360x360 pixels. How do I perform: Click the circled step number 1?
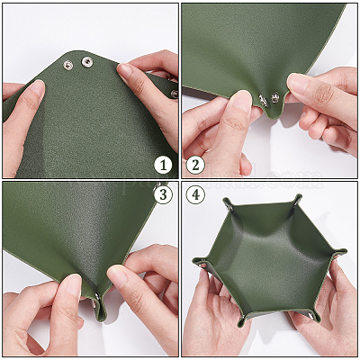[x=163, y=165]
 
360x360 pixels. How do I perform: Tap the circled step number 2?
[x=195, y=165]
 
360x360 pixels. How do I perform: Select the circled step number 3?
[x=163, y=195]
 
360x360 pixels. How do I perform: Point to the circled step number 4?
[x=195, y=195]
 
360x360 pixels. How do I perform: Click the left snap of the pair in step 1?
[x=68, y=65]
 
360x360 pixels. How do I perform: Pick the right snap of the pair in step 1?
[x=87, y=62]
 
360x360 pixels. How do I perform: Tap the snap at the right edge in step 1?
[x=175, y=94]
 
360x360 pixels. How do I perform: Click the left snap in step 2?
[x=263, y=101]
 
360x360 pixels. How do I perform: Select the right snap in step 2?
[x=275, y=97]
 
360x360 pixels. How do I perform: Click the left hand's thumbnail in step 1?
[x=37, y=87]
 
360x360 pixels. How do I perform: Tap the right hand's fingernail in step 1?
[x=124, y=72]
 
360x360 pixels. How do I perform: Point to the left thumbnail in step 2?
[x=242, y=101]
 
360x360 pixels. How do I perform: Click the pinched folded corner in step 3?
[x=99, y=308]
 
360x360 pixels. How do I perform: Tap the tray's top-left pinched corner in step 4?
[x=228, y=204]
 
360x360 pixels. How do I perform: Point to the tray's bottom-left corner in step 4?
[x=242, y=321]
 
